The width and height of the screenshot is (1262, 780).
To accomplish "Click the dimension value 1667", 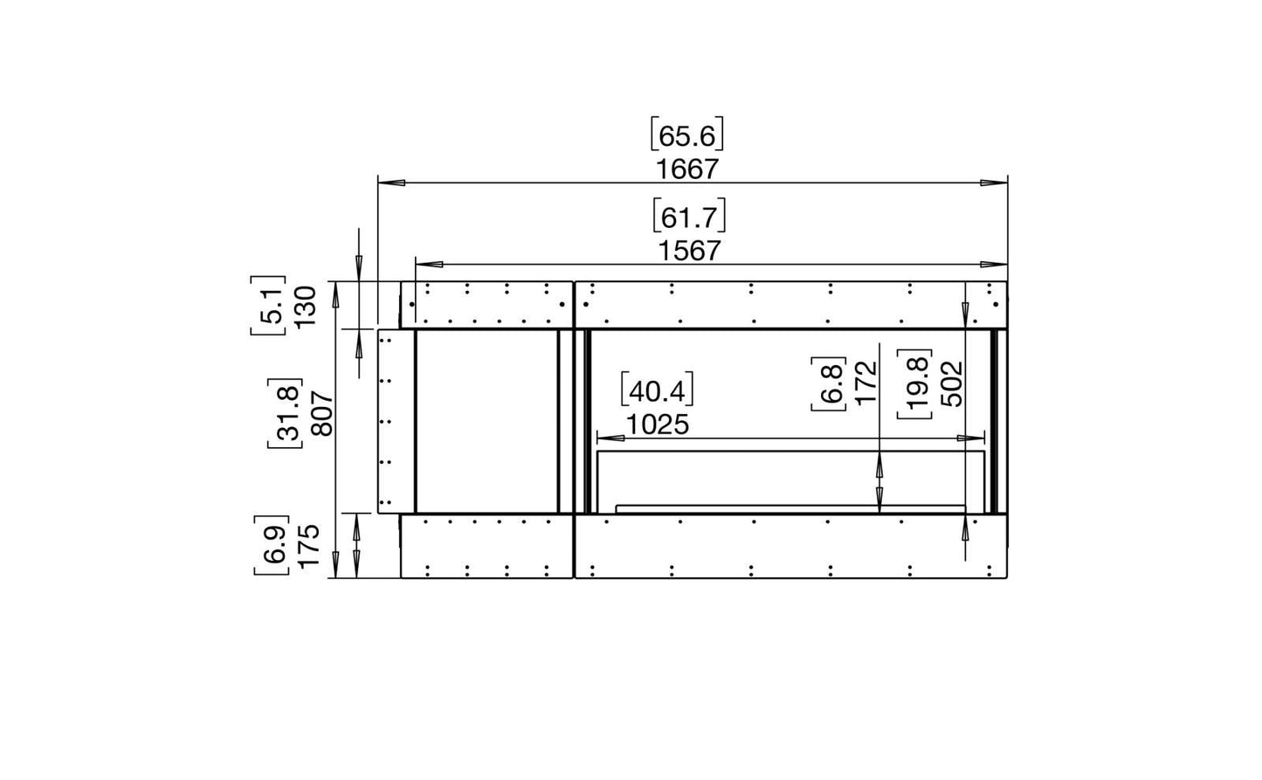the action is click(x=688, y=169).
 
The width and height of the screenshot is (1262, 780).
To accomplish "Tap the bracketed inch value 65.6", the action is click(x=686, y=136).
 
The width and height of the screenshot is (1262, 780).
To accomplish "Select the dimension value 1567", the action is click(x=690, y=252).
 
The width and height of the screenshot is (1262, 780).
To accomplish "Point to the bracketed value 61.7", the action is click(x=689, y=217).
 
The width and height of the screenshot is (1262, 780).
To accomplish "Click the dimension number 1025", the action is click(x=658, y=425).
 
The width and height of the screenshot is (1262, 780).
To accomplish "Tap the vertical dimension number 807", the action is click(x=323, y=414).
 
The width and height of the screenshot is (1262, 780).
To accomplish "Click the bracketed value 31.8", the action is click(x=285, y=414).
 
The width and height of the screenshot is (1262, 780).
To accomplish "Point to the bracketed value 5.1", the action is click(x=268, y=306).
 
